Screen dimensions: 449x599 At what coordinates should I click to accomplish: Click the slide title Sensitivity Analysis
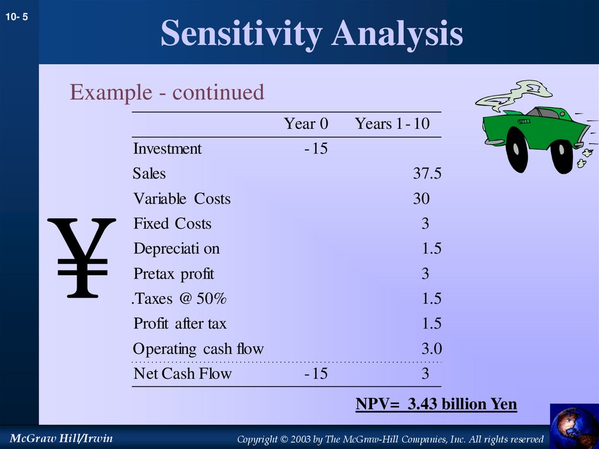[311, 33]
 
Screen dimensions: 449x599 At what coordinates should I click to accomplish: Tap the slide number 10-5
[17, 18]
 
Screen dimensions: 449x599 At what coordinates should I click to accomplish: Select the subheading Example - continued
[167, 92]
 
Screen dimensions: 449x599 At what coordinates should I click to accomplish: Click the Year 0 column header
[306, 124]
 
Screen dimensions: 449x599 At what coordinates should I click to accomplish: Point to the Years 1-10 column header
[392, 124]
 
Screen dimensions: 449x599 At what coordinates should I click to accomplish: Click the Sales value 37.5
[426, 174]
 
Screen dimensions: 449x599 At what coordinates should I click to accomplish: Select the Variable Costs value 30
[421, 199]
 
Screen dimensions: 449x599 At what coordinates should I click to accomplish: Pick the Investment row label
[167, 149]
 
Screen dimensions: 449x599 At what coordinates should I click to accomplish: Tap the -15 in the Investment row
[316, 149]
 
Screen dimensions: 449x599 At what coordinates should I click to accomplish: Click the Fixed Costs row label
[173, 224]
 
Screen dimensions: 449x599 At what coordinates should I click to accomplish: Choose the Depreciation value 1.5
[431, 249]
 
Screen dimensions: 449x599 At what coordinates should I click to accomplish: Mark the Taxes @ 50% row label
[179, 299]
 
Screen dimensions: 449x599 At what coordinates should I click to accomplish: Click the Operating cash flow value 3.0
[431, 349]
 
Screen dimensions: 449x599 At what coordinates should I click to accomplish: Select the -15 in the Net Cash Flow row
[316, 373]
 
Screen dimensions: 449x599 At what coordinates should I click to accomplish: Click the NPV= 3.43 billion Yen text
[436, 405]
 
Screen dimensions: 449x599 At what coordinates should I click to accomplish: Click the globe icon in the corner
[574, 426]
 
